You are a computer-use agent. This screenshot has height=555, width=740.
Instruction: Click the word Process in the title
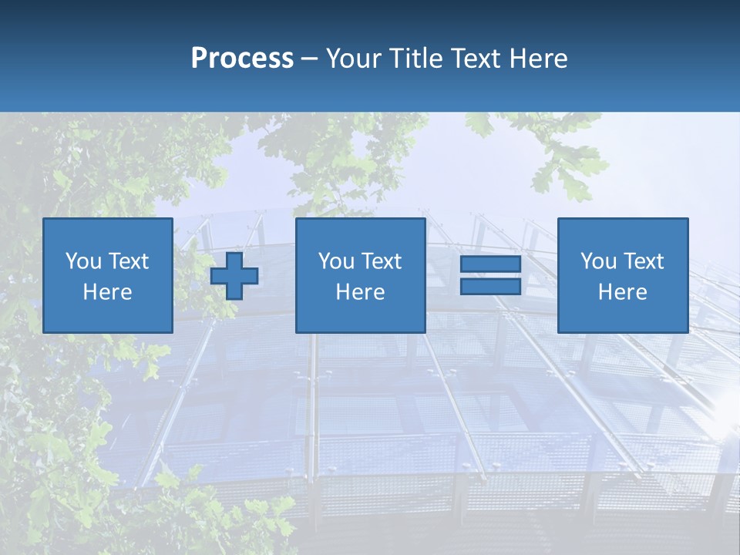tap(242, 59)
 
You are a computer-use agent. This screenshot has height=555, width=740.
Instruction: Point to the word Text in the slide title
tap(476, 59)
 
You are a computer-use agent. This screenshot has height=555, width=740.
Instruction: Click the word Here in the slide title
tap(538, 59)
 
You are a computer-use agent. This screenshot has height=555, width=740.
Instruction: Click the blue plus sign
tap(234, 276)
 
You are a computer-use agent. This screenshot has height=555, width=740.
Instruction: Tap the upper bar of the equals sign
tap(490, 264)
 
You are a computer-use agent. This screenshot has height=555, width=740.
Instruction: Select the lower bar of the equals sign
tap(490, 286)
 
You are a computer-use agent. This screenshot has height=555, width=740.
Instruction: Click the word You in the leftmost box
tap(83, 261)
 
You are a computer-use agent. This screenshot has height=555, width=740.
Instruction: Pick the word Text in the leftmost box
tap(128, 261)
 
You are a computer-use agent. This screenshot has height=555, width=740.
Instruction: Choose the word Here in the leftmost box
tap(107, 292)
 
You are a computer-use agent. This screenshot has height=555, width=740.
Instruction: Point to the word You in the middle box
tap(336, 261)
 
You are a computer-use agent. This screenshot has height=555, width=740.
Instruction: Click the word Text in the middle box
tap(381, 261)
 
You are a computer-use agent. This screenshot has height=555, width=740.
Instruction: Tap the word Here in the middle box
tap(360, 292)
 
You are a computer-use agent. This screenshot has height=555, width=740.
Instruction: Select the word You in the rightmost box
tap(598, 261)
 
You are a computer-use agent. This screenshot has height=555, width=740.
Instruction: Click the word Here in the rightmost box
tap(622, 292)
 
